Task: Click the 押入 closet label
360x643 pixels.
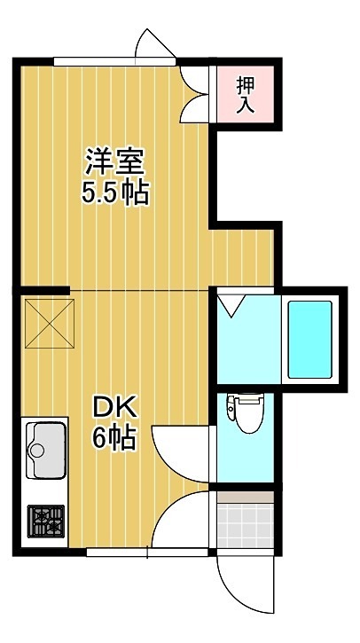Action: click(246, 95)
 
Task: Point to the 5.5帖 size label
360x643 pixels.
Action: click(114, 193)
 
